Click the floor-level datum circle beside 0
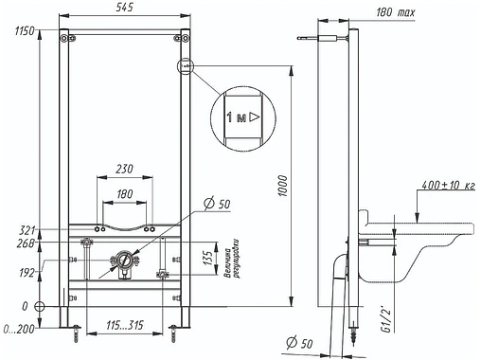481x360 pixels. [x=40, y=307]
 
